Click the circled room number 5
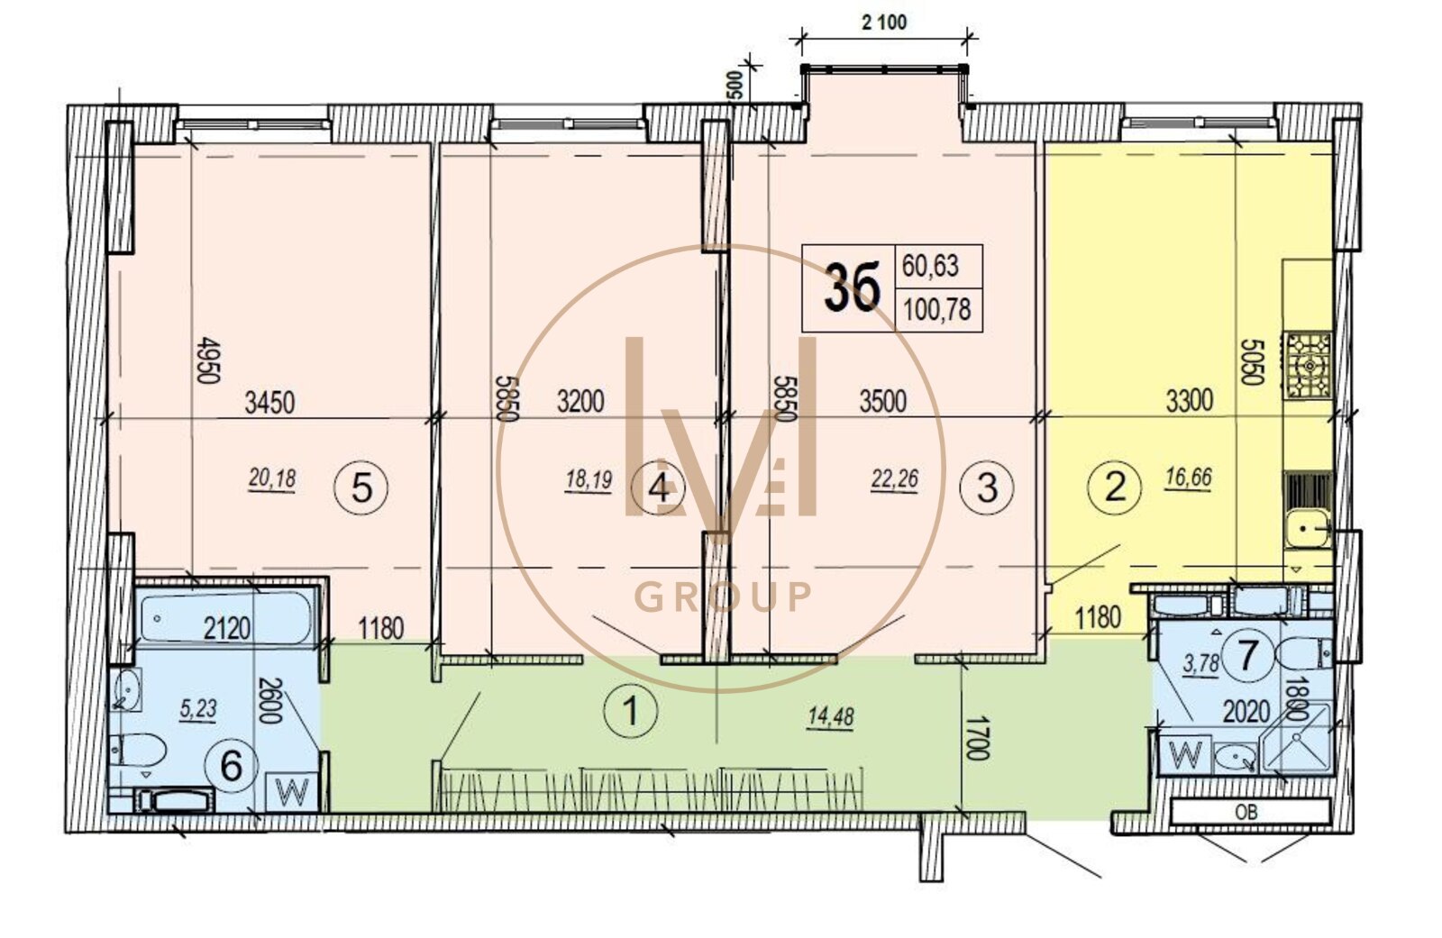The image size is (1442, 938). [361, 487]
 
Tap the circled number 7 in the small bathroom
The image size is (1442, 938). [1247, 655]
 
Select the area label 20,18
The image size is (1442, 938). [272, 479]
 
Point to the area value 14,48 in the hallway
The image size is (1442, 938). [830, 716]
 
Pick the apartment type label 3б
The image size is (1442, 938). [851, 287]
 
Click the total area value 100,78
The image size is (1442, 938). [937, 310]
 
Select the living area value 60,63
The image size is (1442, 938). [930, 266]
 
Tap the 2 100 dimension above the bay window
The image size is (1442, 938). [884, 23]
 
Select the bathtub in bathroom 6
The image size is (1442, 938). [226, 617]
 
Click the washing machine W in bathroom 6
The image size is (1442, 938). [293, 790]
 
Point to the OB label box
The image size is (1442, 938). [1251, 812]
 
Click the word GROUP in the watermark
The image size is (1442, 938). [723, 597]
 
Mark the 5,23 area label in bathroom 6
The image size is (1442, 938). [199, 709]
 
